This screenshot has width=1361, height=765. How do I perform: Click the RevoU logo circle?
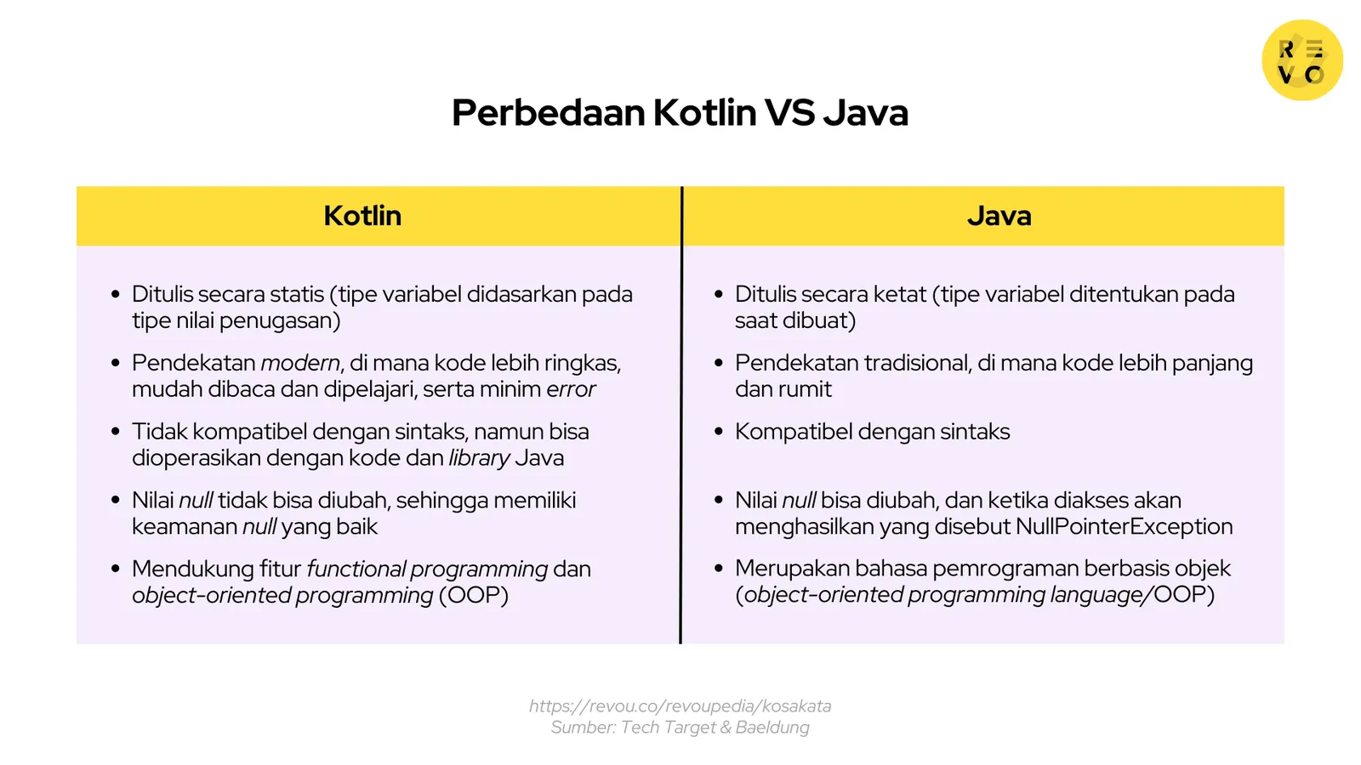[1301, 60]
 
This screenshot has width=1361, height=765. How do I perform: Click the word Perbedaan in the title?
[548, 112]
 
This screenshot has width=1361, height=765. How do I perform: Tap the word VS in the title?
[789, 112]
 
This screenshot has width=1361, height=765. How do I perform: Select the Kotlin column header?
[362, 216]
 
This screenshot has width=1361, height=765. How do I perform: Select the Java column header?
[999, 216]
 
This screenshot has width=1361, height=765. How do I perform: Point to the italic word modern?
[300, 363]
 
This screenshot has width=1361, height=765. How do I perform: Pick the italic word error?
[571, 389]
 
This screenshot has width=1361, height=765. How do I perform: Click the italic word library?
[480, 458]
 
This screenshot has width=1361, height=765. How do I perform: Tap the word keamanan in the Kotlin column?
[184, 527]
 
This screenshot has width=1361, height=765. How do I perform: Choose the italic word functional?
[356, 569]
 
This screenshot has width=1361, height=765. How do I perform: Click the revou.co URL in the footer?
[680, 706]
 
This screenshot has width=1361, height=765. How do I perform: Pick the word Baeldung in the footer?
[772, 728]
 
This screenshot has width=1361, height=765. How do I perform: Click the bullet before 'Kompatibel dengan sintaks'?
[719, 432]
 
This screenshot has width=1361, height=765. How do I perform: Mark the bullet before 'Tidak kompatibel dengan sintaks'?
[116, 432]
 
